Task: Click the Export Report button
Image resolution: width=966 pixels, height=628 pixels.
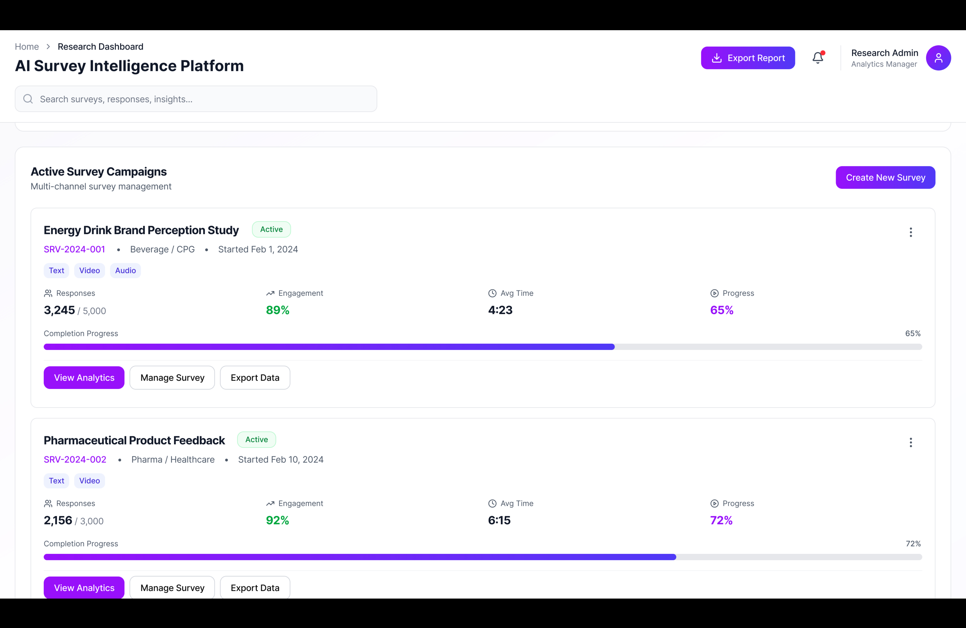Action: point(748,58)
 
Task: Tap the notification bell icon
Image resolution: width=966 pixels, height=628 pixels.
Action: point(818,58)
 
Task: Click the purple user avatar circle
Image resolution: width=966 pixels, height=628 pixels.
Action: point(938,58)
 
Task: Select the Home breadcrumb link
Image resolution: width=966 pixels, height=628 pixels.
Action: point(27,47)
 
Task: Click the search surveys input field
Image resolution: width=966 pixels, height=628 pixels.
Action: point(196,99)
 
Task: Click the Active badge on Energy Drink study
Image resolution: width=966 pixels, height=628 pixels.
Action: point(271,229)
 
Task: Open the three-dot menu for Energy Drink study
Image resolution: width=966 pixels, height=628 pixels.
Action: point(910,232)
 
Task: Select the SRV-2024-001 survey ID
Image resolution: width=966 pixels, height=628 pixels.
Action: point(74,249)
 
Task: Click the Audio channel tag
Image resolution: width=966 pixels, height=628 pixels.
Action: point(125,270)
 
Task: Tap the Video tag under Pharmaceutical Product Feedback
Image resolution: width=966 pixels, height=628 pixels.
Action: point(89,481)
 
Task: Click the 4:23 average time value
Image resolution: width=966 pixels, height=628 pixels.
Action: point(500,310)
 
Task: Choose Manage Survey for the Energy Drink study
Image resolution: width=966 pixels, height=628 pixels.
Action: point(172,378)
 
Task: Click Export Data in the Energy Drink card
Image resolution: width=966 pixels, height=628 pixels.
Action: point(255,378)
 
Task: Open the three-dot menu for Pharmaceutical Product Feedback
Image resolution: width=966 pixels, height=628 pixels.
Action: point(910,443)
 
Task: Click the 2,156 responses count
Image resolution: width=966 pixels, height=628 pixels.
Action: point(58,520)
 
